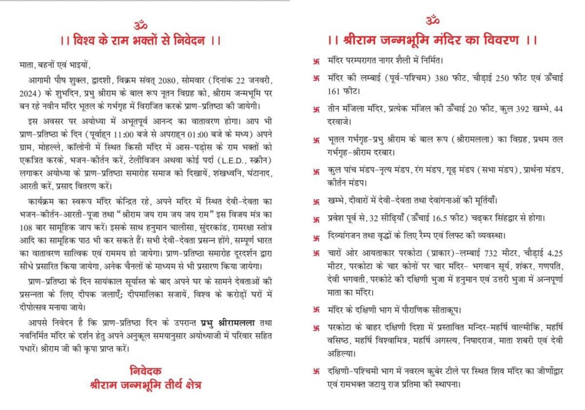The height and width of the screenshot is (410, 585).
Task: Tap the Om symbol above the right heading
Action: (432, 21)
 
